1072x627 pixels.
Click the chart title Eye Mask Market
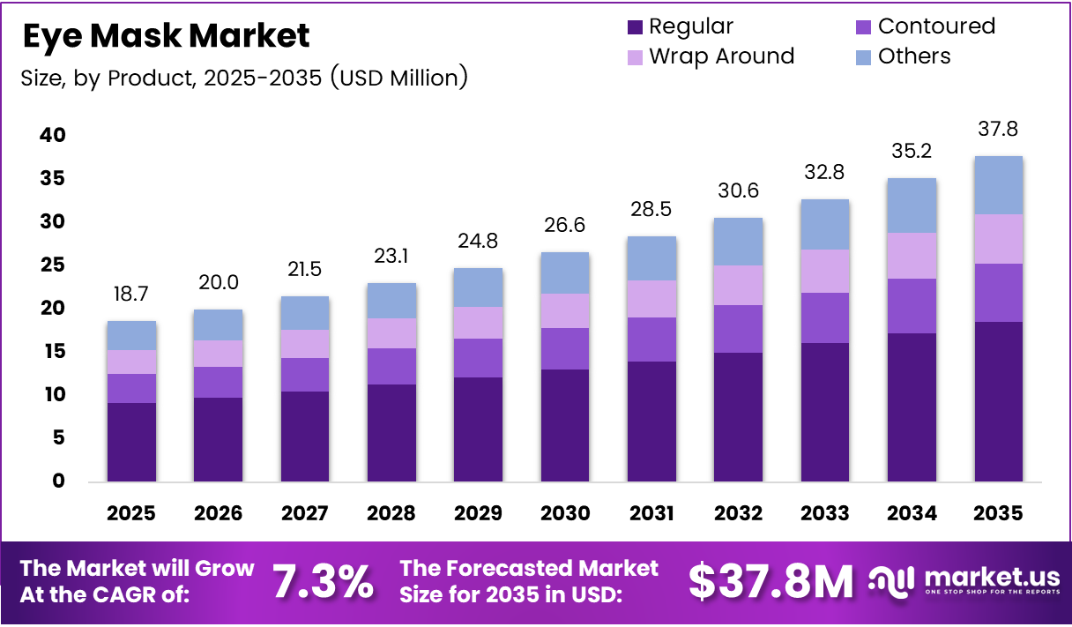[166, 36]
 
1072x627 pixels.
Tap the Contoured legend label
[936, 26]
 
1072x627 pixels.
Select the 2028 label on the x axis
[391, 513]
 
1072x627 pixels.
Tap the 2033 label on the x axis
[825, 513]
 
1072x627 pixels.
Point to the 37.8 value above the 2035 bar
[999, 130]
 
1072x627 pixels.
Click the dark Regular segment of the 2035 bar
[998, 401]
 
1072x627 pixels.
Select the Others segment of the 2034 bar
[912, 205]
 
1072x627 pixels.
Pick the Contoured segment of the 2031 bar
[651, 340]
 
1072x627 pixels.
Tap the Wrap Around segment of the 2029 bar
[478, 323]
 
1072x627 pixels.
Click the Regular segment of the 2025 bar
[132, 442]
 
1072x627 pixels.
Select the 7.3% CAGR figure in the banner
[322, 582]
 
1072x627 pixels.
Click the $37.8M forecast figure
[770, 582]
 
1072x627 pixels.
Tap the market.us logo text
[992, 578]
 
